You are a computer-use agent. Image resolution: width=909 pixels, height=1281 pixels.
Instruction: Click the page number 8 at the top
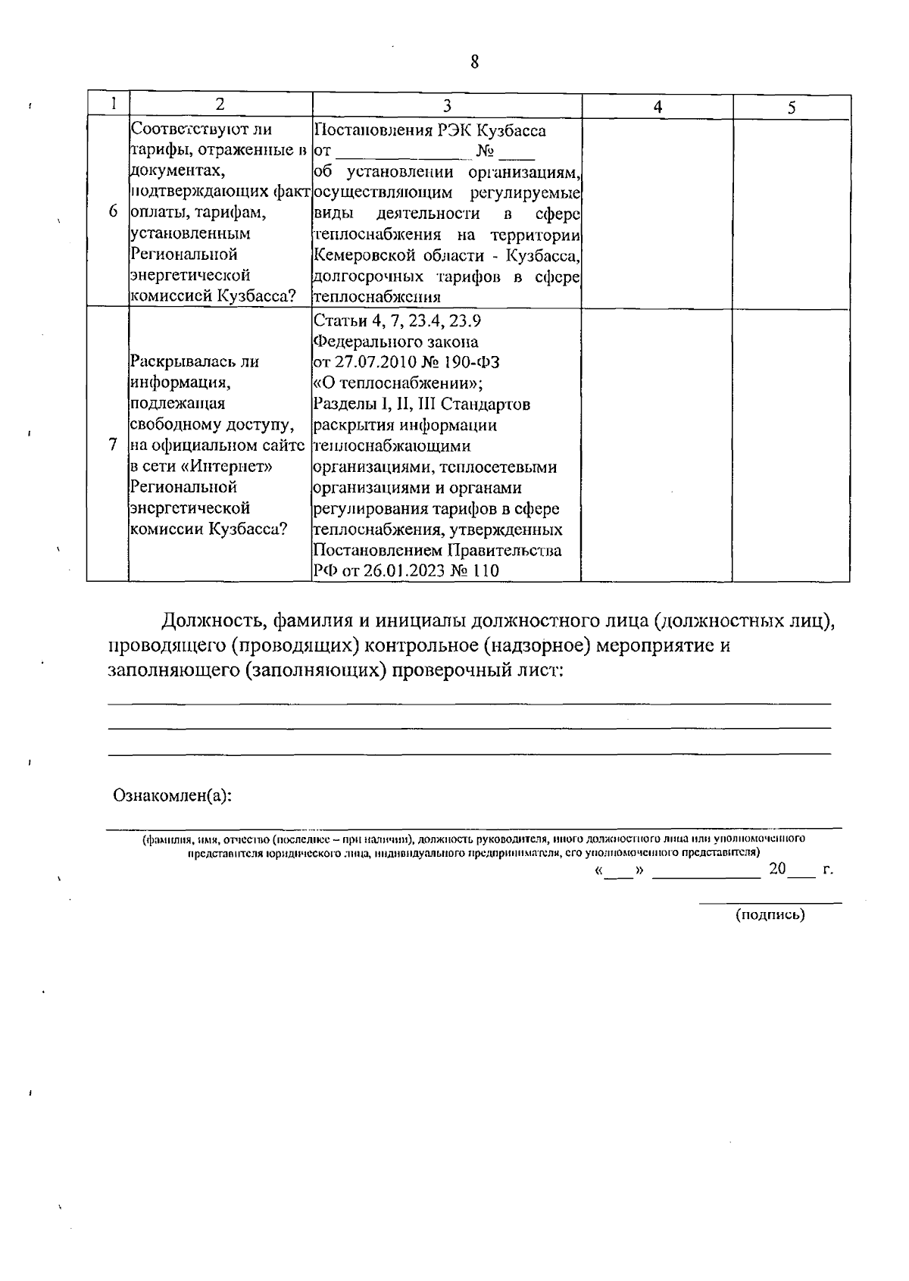click(x=474, y=63)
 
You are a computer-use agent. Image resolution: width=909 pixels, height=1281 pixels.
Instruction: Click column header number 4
click(x=658, y=107)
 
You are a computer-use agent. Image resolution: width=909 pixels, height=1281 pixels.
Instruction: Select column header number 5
click(x=791, y=108)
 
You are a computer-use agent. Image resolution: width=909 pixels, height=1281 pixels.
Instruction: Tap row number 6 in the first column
click(x=112, y=212)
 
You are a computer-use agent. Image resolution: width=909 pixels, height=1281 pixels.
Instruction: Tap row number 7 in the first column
click(x=113, y=445)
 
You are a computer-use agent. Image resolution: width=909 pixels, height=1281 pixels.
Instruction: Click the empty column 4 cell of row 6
click(x=657, y=212)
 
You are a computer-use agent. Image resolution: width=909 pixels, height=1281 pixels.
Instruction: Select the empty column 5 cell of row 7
click(x=791, y=445)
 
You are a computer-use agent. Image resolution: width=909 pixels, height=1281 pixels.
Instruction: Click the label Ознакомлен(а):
click(x=172, y=795)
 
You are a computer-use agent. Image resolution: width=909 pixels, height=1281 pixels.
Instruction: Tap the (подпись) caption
click(x=770, y=915)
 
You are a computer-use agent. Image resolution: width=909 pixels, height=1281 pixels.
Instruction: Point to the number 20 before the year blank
click(x=777, y=869)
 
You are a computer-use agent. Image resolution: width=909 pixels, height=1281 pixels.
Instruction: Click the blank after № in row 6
click(x=518, y=155)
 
